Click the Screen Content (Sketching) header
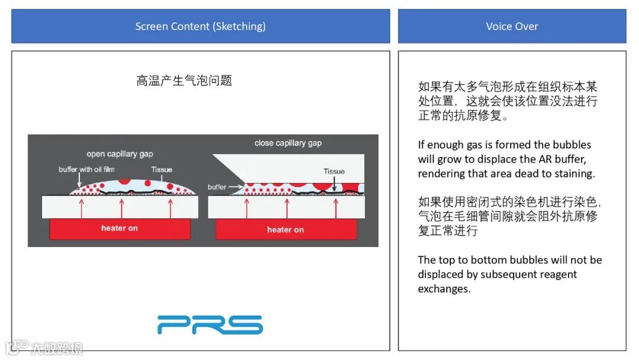point(200,26)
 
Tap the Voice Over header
point(512,26)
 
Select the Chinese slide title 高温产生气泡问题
point(184,81)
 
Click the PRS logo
point(210,325)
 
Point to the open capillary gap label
point(120,154)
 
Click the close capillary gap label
point(288,143)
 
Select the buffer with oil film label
point(86,170)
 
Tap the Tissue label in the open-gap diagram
point(162,170)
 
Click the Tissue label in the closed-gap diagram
point(334,172)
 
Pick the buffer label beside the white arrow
point(217,187)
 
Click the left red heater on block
point(120,229)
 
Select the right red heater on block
point(286,230)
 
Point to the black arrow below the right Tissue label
point(334,183)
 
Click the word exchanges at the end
point(444,289)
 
